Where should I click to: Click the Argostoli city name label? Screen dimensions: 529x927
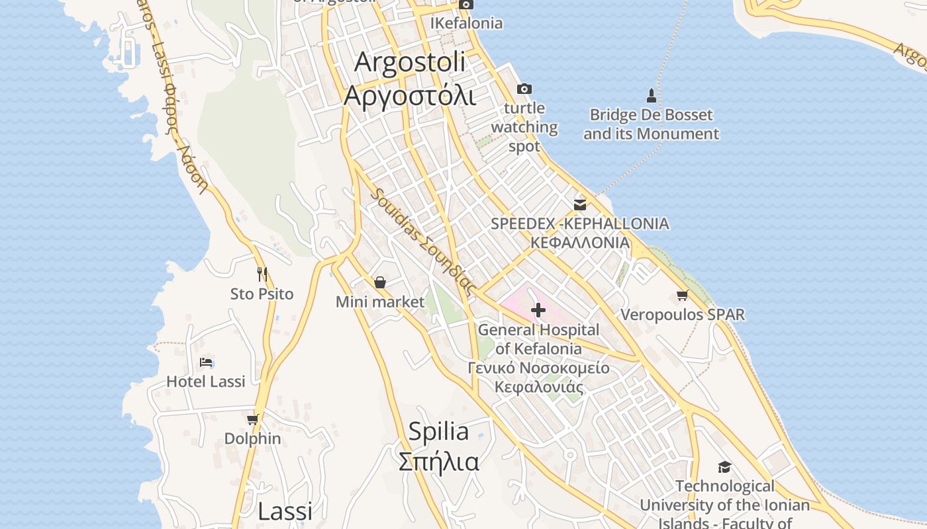(410, 62)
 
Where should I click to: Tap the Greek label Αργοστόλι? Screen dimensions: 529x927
(410, 96)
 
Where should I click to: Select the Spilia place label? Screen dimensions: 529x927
(438, 432)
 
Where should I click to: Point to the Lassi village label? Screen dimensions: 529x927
(285, 511)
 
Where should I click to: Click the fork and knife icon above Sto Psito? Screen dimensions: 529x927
(262, 274)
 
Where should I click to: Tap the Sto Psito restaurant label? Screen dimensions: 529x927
(262, 294)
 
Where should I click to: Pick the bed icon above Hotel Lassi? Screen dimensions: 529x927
(206, 362)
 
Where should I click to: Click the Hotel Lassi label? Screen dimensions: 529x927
(205, 382)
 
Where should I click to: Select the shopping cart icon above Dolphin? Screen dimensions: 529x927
(252, 419)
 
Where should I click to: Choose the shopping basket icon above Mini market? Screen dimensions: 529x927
(380, 283)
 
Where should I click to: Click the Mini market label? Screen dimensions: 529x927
(380, 302)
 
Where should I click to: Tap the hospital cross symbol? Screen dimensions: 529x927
(538, 309)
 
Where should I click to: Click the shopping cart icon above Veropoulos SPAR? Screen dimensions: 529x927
(683, 295)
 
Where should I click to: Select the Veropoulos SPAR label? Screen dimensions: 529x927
(683, 315)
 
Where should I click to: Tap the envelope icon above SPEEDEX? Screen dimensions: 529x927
(580, 204)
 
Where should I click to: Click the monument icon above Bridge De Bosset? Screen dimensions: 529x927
(652, 96)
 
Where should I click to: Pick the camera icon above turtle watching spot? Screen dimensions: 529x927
(524, 89)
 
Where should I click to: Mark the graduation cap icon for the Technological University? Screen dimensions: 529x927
(724, 467)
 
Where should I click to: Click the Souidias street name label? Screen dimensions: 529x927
(423, 242)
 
